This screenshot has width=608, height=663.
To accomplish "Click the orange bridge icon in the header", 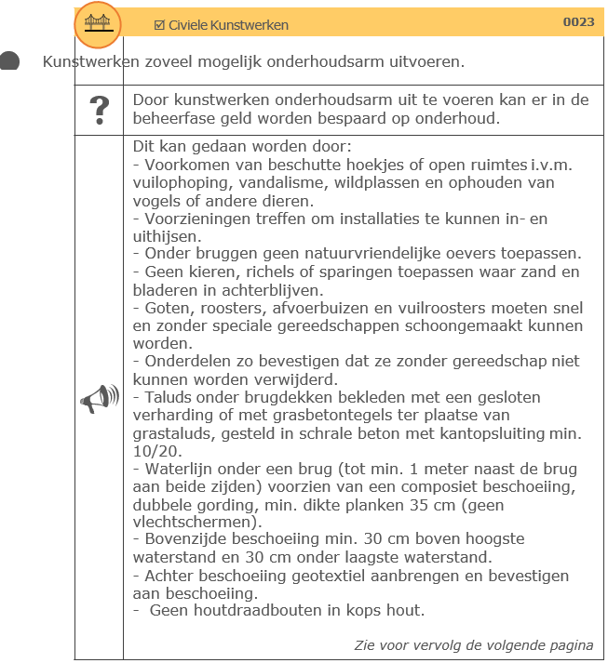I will click(98, 22).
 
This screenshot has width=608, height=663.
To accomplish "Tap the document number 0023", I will click(578, 22).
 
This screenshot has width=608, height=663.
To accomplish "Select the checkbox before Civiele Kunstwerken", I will click(159, 25).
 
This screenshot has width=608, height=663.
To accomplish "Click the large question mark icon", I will click(99, 110).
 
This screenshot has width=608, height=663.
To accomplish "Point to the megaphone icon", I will click(99, 399).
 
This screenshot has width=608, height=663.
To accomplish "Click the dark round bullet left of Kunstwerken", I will click(9, 62).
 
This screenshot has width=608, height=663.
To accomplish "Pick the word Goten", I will click(162, 308).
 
